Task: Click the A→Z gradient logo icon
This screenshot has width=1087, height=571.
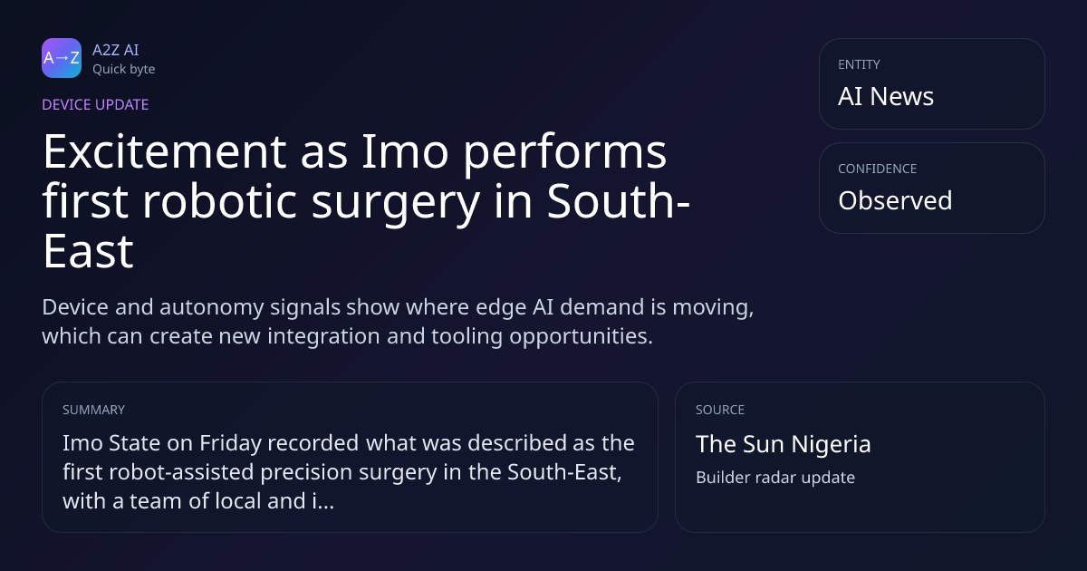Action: point(62,58)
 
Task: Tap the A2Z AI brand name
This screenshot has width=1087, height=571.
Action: point(116,50)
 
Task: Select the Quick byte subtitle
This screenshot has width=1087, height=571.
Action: point(124,69)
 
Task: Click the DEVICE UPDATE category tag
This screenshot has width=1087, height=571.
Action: point(95,104)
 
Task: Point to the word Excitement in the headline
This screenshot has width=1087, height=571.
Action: point(165,151)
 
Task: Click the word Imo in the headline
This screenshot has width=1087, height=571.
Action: point(405,151)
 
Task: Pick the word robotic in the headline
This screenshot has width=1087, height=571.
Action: point(219,201)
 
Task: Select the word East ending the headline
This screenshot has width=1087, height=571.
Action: point(89,251)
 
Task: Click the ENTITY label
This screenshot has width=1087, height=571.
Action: point(859,64)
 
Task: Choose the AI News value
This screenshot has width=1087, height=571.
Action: point(886,96)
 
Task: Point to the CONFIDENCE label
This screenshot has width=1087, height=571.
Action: point(878,169)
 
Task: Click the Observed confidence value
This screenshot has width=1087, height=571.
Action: point(895,200)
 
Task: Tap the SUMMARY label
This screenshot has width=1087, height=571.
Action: point(93,410)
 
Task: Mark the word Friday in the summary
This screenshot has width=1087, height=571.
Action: point(230,444)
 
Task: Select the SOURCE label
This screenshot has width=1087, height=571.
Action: point(720,410)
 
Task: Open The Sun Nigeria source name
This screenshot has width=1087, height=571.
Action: point(784,444)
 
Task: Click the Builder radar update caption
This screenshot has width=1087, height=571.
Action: point(775,478)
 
